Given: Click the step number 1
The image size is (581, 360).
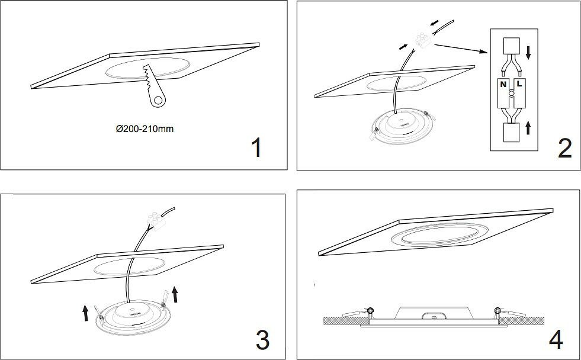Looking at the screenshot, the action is tap(256, 148).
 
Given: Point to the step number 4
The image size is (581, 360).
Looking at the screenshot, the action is tap(556, 339).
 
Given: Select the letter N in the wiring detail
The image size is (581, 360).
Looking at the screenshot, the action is tap(502, 85).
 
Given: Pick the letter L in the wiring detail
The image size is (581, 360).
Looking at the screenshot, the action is tap(519, 85).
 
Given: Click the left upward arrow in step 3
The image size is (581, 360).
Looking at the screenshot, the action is tap(86, 311).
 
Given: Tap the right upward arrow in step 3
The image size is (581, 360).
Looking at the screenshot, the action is tap(174, 293).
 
